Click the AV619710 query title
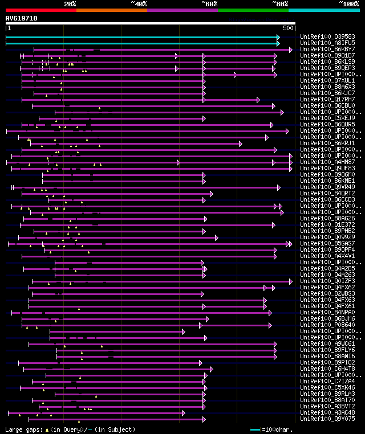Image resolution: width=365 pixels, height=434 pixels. pos(22,18)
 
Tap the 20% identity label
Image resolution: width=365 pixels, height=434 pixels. pos(70,3)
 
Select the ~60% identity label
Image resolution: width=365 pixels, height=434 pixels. pos(209,3)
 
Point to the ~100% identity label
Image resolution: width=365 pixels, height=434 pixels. pos(348,3)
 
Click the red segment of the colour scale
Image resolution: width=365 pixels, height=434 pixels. pos(40,10)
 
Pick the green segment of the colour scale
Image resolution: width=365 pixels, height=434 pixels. pos(253,10)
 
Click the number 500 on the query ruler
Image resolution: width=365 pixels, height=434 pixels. pos(288,28)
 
